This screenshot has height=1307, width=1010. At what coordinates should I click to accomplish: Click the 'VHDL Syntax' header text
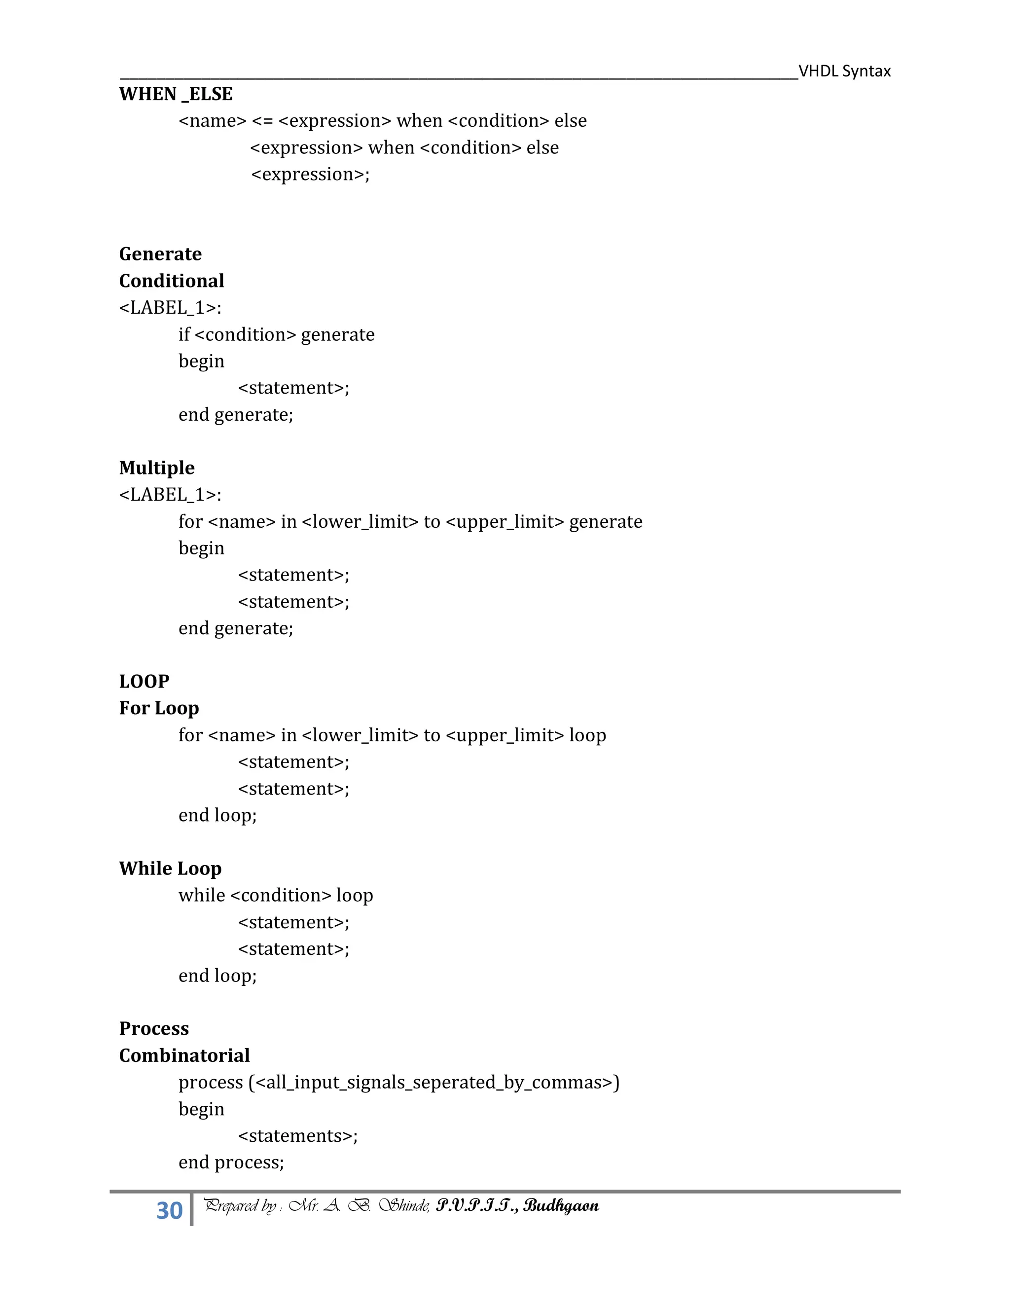pyautogui.click(x=844, y=71)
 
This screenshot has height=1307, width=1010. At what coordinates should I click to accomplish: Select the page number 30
pyautogui.click(x=169, y=1210)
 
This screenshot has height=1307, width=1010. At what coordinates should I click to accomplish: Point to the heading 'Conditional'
pyautogui.click(x=172, y=281)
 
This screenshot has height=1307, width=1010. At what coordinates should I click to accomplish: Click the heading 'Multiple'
pyautogui.click(x=157, y=468)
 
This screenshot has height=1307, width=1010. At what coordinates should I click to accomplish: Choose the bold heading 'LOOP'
pyautogui.click(x=144, y=681)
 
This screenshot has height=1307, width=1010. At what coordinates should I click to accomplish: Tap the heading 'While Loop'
pyautogui.click(x=171, y=869)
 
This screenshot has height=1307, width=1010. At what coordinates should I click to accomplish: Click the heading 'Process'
pyautogui.click(x=154, y=1028)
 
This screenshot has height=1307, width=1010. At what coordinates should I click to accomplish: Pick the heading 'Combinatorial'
pyautogui.click(x=184, y=1055)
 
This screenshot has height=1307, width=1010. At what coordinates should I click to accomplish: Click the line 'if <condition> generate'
pyautogui.click(x=277, y=334)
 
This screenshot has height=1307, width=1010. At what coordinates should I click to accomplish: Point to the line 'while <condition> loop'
pyautogui.click(x=276, y=895)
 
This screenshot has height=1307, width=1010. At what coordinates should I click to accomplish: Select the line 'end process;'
pyautogui.click(x=231, y=1162)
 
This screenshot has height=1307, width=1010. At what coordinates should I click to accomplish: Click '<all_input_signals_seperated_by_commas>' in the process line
pyautogui.click(x=435, y=1083)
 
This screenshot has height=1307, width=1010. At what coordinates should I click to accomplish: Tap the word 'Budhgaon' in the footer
pyautogui.click(x=561, y=1206)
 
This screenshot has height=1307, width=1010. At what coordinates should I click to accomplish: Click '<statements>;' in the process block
pyautogui.click(x=298, y=1136)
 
